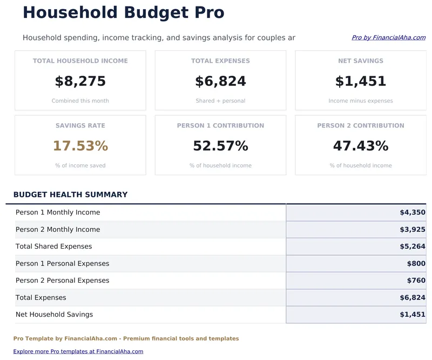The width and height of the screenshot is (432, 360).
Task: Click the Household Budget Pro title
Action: [123, 12]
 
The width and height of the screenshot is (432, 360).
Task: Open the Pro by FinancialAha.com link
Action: [388, 38]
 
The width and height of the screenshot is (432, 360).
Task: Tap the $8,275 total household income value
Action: [80, 82]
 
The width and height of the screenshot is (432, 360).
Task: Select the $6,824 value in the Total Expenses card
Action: [220, 82]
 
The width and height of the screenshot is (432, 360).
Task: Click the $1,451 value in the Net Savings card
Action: [361, 82]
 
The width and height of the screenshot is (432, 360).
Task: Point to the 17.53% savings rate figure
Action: [80, 146]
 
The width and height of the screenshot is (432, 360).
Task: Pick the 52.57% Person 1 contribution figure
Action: [220, 146]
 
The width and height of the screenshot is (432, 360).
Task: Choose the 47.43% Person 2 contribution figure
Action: [361, 146]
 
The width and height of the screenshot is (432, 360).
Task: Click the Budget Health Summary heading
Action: [70, 195]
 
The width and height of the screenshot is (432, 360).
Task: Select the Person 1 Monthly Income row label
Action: [58, 212]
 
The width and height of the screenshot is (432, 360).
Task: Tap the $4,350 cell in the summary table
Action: [413, 212]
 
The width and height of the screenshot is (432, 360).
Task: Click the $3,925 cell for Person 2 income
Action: [413, 229]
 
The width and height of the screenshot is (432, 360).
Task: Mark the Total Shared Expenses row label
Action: [53, 246]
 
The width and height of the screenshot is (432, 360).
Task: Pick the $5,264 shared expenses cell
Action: [413, 246]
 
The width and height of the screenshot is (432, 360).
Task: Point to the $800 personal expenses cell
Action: [416, 264]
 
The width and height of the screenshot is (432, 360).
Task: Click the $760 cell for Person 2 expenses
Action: [416, 281]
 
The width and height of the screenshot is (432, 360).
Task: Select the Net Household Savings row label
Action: [54, 315]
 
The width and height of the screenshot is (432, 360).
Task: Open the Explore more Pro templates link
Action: [78, 351]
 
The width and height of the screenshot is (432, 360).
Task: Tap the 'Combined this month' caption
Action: [80, 101]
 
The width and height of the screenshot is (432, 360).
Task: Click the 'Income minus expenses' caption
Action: [361, 101]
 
